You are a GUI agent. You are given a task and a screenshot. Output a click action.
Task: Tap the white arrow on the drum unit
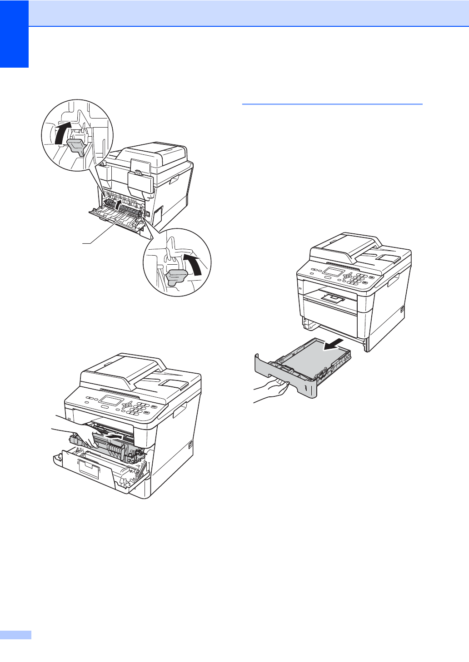(114, 436)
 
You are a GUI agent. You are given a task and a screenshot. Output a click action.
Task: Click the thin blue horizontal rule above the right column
(332, 104)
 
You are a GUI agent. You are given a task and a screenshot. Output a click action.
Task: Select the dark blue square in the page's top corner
(14, 34)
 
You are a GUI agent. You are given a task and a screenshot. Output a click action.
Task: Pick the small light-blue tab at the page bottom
(15, 635)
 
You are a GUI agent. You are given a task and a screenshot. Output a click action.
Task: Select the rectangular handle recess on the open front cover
(89, 468)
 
